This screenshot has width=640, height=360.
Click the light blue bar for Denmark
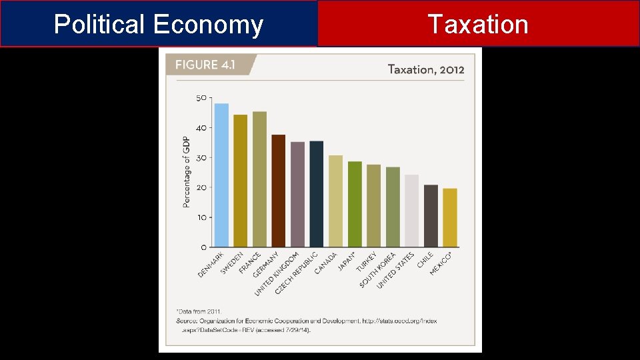[221, 175]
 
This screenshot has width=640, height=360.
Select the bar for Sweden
[240, 181]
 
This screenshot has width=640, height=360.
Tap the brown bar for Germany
[278, 191]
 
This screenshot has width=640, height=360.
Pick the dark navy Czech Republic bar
[316, 194]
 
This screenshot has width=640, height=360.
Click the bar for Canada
[335, 201]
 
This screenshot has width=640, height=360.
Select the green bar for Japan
[355, 204]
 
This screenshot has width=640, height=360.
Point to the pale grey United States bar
[411, 211]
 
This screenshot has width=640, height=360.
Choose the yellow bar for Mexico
[450, 217]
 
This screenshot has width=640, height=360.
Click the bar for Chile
[431, 216]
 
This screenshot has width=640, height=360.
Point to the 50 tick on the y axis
[201, 98]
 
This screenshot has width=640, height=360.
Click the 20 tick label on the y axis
[201, 187]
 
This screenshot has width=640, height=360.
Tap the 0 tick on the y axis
[203, 247]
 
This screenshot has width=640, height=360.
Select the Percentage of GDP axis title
[186, 171]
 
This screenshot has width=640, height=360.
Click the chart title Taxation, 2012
[425, 69]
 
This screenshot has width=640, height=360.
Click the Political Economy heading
[159, 25]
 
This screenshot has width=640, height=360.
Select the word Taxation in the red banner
[478, 25]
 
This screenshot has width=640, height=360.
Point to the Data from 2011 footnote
[199, 311]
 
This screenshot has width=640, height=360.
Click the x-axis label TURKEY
[366, 263]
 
